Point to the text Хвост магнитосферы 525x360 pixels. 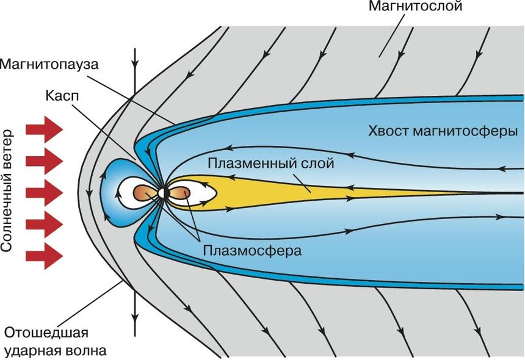(443, 131)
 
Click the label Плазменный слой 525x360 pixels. (271, 164)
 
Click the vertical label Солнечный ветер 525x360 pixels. (9, 192)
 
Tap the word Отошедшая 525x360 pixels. (46, 333)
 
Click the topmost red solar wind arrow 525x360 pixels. (45, 130)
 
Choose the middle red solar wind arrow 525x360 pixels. (45, 193)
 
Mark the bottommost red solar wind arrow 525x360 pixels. (45, 256)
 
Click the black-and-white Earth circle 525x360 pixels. (164, 193)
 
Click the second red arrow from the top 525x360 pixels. (45, 161)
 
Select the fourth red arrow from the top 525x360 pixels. (45, 224)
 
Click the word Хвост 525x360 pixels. (389, 131)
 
